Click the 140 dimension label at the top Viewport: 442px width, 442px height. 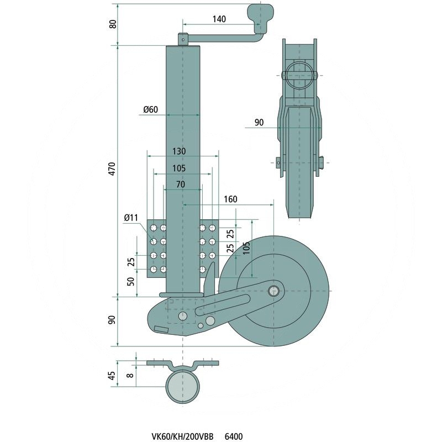219,19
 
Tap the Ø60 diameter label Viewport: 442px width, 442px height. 150,109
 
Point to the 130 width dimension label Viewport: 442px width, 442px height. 178,151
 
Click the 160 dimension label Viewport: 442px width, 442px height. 230,199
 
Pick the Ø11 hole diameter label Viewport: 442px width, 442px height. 131,218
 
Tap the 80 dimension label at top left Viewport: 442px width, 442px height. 113,25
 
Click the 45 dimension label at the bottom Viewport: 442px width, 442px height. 112,375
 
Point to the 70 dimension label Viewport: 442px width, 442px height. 180,185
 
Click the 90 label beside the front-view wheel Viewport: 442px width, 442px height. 259,123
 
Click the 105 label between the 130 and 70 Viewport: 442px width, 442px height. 178,168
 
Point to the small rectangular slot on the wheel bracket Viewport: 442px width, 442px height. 162,329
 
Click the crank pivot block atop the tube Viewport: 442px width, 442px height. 182,39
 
